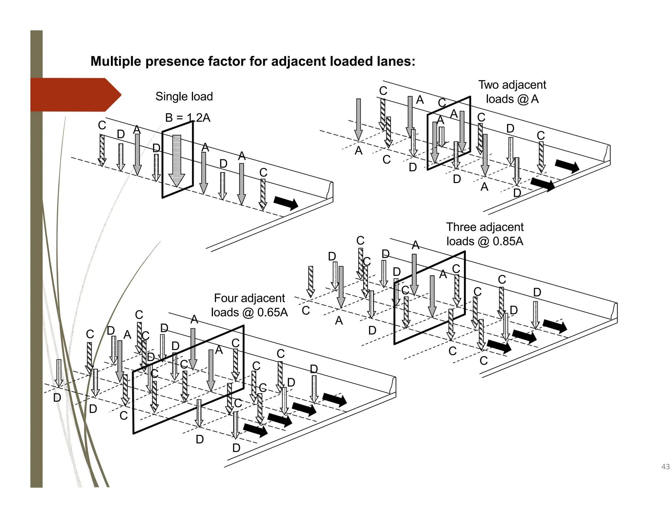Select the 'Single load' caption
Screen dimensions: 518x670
184,97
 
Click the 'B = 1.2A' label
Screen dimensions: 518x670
187,118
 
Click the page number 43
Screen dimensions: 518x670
665,467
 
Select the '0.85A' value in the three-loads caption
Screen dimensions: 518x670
508,241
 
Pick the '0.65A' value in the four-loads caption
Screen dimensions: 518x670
273,312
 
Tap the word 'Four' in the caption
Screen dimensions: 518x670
226,298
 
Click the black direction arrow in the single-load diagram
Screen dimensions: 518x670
286,203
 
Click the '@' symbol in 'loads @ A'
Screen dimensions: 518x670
523,99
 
